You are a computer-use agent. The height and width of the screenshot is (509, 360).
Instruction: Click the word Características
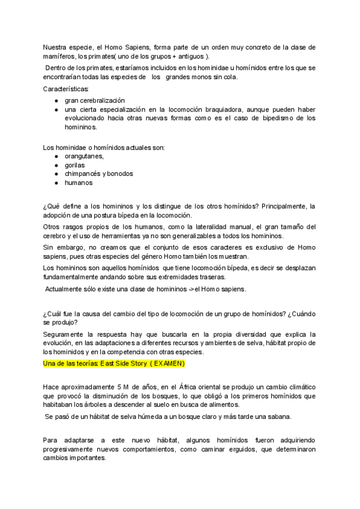pyautogui.click(x=65, y=89)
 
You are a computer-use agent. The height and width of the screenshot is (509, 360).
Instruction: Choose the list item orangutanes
pyautogui.click(x=84, y=156)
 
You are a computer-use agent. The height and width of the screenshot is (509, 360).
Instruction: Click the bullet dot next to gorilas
pyautogui.click(x=56, y=165)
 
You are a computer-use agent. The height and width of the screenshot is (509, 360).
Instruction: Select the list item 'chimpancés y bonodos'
pyautogui.click(x=99, y=173)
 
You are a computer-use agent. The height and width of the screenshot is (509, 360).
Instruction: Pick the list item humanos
pyautogui.click(x=79, y=182)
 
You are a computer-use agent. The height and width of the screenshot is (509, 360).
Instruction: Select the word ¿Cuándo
pyautogui.click(x=302, y=314)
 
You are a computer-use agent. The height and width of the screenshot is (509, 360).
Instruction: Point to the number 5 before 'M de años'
pyautogui.click(x=109, y=387)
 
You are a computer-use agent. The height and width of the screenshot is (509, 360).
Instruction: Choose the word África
pyautogui.click(x=190, y=387)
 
